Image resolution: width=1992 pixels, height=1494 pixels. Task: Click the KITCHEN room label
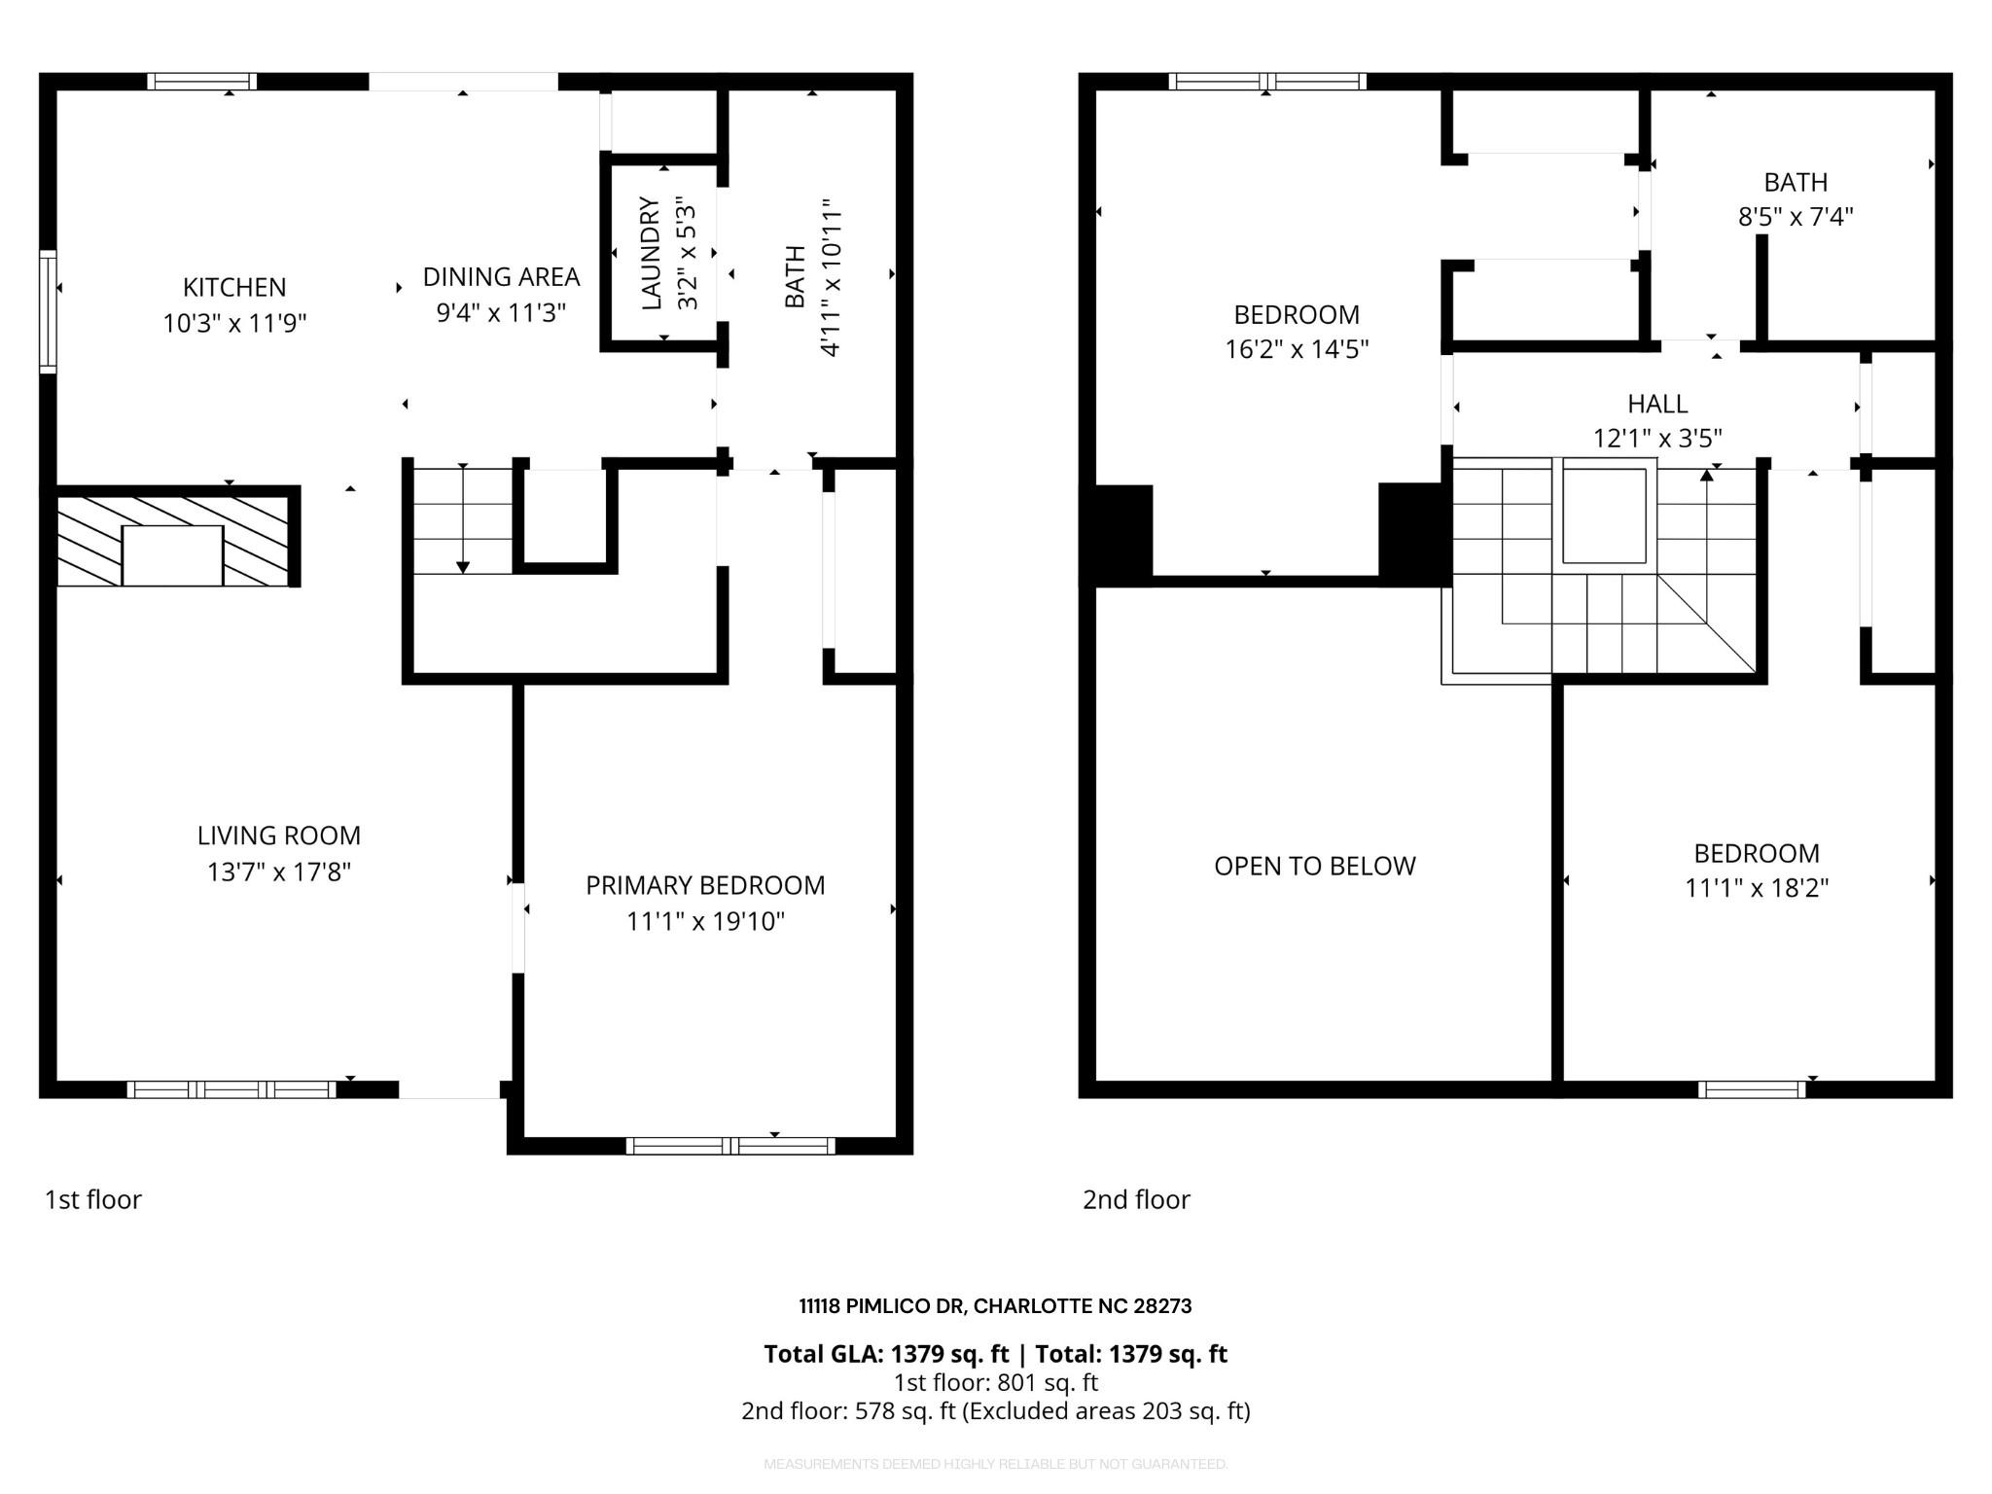click(234, 287)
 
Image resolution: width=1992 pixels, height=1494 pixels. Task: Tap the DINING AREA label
click(501, 277)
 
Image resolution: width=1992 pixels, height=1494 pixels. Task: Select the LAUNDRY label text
click(652, 253)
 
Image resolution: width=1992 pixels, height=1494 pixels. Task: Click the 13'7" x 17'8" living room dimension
click(278, 871)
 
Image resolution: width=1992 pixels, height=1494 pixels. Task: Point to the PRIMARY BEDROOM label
click(705, 885)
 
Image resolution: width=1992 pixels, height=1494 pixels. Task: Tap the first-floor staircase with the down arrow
click(463, 520)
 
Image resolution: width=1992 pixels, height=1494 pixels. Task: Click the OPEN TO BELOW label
click(1314, 866)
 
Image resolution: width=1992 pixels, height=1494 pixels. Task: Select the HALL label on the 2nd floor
click(1657, 404)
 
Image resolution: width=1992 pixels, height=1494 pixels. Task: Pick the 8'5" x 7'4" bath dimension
click(1796, 217)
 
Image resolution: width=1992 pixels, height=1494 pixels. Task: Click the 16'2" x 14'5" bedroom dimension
click(1297, 349)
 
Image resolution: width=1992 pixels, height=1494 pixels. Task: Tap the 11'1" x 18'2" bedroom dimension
click(1757, 888)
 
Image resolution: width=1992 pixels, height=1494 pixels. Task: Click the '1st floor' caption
click(93, 1199)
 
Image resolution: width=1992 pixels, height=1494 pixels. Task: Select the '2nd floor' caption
click(1136, 1199)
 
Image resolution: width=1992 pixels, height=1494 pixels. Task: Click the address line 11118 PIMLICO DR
click(995, 1306)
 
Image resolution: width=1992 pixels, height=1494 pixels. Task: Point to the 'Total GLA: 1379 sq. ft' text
click(885, 1354)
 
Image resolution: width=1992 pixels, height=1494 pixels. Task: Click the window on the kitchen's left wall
click(48, 311)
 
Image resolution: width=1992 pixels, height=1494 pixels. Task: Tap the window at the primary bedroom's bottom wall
click(729, 1146)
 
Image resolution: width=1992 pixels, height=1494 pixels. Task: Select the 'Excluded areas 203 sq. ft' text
click(1105, 1410)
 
